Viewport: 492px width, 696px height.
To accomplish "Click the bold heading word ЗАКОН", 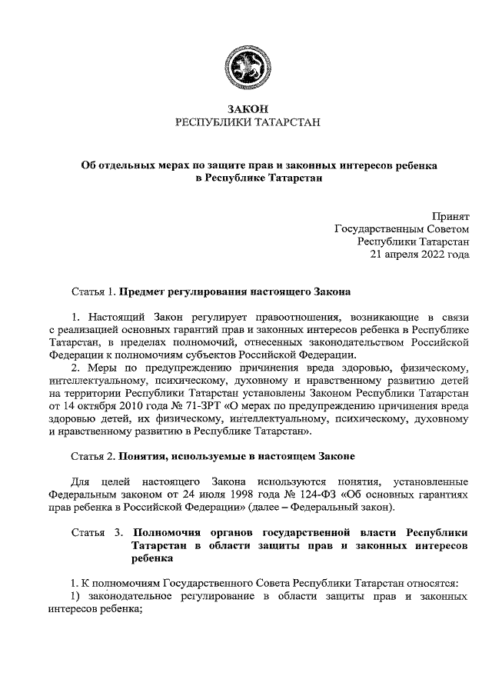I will click(x=246, y=109).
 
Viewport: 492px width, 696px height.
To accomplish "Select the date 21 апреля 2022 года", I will click(x=421, y=253).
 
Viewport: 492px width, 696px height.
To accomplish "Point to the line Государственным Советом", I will click(x=401, y=228).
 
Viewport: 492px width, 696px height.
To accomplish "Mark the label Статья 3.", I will click(x=96, y=532).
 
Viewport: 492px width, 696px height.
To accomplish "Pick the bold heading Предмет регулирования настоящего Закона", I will click(x=234, y=292).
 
